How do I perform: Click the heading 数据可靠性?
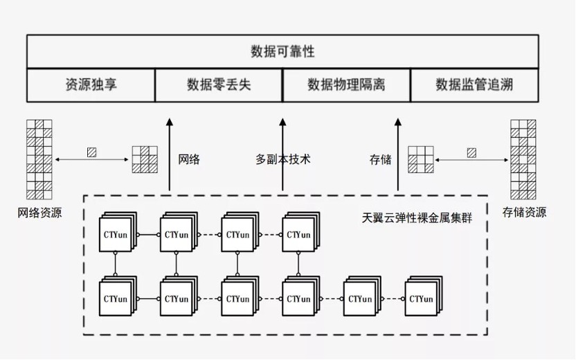click(282, 51)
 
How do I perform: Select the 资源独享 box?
click(91, 85)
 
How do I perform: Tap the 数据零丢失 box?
click(219, 85)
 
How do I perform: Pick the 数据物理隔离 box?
click(346, 85)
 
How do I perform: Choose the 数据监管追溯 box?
click(475, 85)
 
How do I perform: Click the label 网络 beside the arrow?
click(189, 159)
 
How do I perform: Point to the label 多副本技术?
click(283, 159)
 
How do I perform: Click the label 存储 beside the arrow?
click(381, 159)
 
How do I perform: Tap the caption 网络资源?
click(39, 213)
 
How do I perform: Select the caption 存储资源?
click(524, 212)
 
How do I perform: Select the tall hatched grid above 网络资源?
click(39, 159)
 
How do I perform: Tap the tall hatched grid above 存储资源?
click(524, 159)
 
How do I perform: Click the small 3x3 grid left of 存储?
click(421, 159)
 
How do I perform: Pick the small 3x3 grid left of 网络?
click(145, 159)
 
